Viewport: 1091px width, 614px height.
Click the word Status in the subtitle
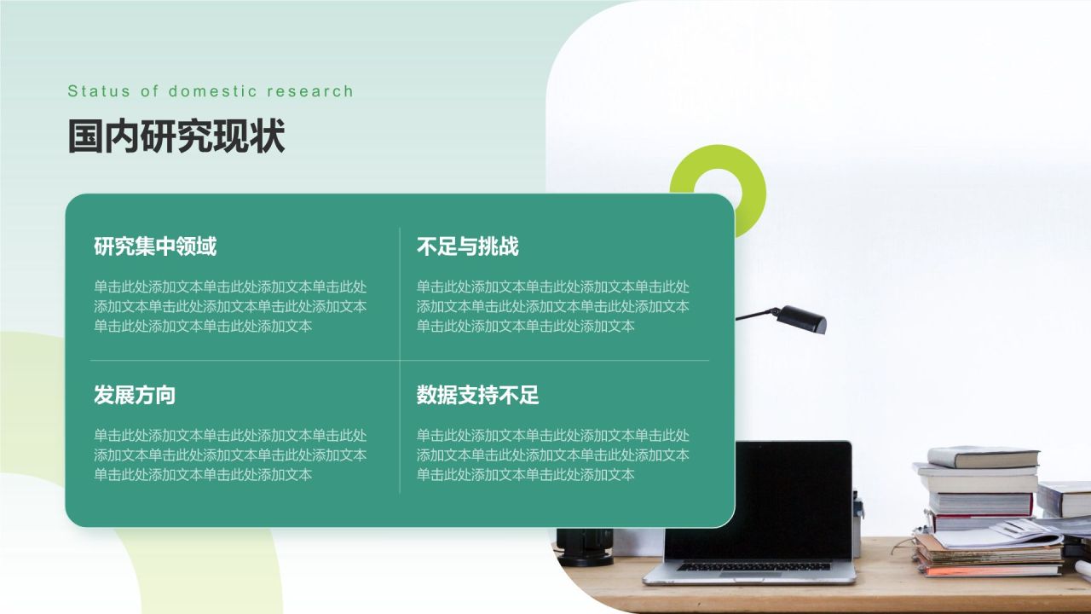pos(99,91)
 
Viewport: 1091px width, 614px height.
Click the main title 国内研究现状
pos(176,136)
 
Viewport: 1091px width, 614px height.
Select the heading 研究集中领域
pos(155,246)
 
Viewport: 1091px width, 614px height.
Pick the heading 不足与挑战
pos(468,246)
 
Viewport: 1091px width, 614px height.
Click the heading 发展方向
pos(135,395)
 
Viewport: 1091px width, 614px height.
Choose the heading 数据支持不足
pos(477,395)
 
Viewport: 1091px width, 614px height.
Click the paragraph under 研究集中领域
pos(230,306)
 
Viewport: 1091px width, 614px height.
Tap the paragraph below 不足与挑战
pos(553,306)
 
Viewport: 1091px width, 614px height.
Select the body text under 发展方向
pos(230,455)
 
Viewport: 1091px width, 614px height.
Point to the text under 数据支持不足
pos(553,455)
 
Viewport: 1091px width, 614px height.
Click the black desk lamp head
pos(802,320)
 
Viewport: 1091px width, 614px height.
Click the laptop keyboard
pos(753,567)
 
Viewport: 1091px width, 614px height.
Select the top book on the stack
pos(983,457)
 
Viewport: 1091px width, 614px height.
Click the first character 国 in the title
pos(86,136)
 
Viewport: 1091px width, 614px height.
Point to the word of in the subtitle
pos(149,91)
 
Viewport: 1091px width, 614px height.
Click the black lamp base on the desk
pos(585,547)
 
